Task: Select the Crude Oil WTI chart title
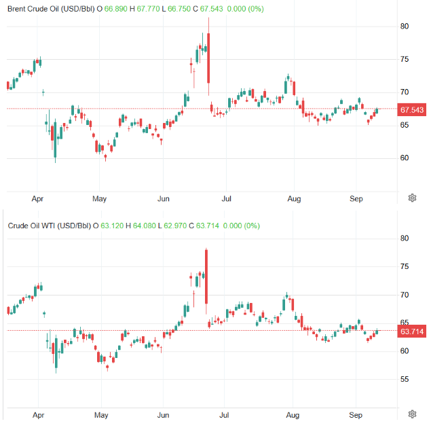click(x=49, y=226)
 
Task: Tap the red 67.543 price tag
click(x=412, y=109)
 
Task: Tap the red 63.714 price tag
click(x=412, y=332)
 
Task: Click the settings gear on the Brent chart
click(x=412, y=198)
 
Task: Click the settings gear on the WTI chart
click(x=412, y=414)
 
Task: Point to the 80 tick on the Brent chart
click(x=405, y=26)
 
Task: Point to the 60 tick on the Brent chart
click(x=405, y=158)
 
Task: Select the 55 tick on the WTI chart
click(x=405, y=380)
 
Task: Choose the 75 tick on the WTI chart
click(x=405, y=267)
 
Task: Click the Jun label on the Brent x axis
click(x=163, y=199)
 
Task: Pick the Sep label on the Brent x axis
click(x=355, y=199)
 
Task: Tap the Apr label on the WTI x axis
click(x=39, y=414)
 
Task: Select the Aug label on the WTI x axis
click(x=293, y=414)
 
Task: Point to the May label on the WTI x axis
click(x=101, y=414)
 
